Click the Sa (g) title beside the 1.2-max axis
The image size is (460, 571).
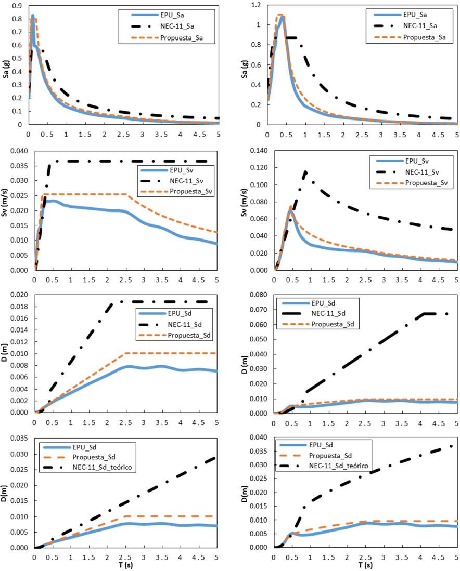pos(244,68)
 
